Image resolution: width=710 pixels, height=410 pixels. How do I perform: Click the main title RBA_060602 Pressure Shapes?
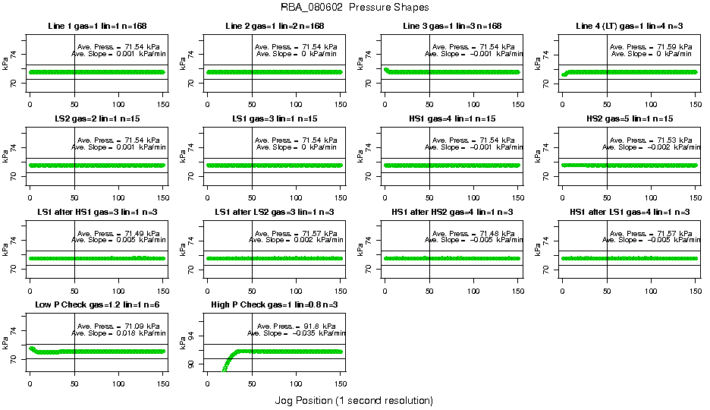pyautogui.click(x=355, y=8)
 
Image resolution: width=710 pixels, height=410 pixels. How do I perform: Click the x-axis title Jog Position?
pyautogui.click(x=353, y=399)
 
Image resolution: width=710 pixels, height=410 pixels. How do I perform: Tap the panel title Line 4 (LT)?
pyautogui.click(x=629, y=27)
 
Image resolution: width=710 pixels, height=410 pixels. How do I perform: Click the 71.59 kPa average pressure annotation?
pyautogui.click(x=652, y=47)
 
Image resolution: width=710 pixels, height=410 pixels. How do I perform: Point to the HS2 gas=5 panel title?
pyautogui.click(x=629, y=119)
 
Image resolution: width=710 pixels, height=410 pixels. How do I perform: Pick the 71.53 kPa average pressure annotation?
pyautogui.click(x=652, y=140)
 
